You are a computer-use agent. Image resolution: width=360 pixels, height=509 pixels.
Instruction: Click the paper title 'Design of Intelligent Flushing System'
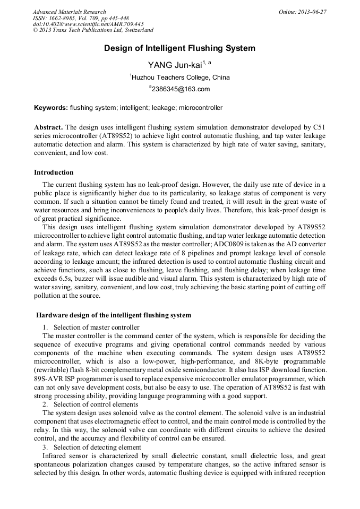click(179, 48)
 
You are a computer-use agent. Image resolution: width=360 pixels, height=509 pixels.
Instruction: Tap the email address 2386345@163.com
click(181, 89)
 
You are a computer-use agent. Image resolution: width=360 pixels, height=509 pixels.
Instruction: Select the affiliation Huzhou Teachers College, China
click(180, 77)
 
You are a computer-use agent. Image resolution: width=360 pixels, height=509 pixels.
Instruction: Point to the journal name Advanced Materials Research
click(69, 12)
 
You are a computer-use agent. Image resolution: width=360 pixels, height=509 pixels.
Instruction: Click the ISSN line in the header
click(81, 18)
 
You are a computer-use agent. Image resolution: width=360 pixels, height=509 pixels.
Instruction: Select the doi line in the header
click(88, 24)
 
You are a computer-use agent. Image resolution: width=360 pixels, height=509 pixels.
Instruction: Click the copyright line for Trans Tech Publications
click(93, 30)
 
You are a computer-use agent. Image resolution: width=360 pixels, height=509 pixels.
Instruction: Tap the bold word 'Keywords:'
click(51, 108)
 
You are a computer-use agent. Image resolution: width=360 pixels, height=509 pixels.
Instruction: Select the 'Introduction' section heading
click(54, 172)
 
